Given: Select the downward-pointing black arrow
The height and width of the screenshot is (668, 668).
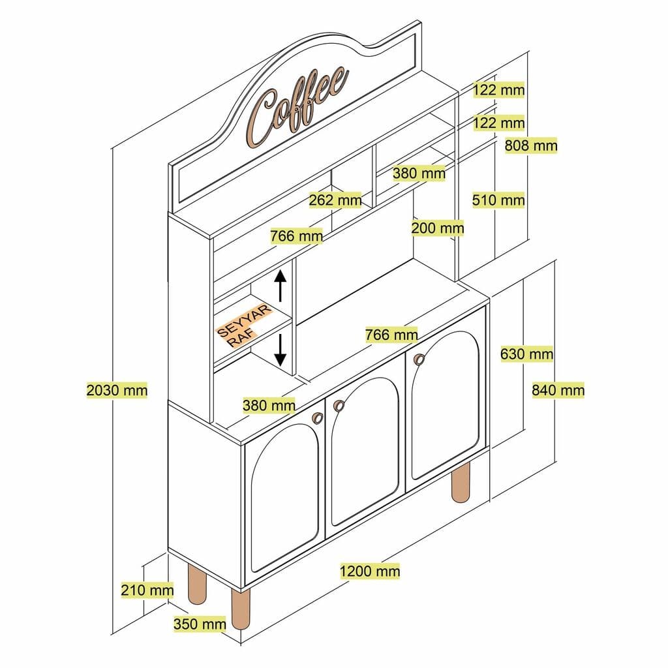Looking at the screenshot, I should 281,350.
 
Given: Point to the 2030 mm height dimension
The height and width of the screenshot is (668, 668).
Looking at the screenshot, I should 117,390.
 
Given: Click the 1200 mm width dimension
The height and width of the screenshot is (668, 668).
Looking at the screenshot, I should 369,571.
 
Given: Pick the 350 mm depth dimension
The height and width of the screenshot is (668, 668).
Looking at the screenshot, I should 200,624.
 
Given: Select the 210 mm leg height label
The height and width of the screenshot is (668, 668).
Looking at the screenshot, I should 147,590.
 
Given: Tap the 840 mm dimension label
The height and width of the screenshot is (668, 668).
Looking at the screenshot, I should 558,390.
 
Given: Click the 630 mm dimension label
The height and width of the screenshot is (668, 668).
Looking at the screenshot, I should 526,354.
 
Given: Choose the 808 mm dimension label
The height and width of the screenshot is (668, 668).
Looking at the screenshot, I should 531,145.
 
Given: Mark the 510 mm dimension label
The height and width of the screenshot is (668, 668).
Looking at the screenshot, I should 498,200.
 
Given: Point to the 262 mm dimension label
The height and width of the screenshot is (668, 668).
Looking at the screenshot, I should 335,200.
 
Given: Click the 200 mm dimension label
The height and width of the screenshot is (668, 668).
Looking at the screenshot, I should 437,228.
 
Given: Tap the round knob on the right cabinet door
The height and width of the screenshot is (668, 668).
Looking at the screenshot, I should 418,357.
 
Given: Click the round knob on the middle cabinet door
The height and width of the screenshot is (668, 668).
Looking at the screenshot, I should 339,406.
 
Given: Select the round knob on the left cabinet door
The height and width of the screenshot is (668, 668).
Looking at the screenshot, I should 318,418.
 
